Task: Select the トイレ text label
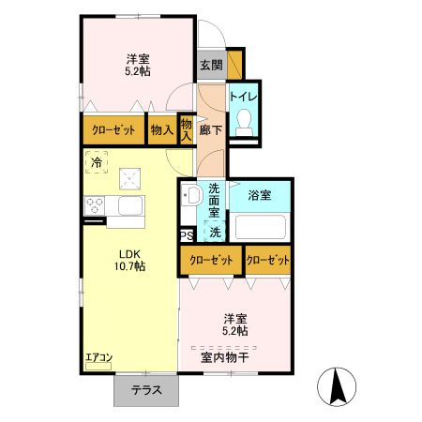pyautogui.click(x=248, y=97)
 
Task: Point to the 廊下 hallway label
pyautogui.click(x=211, y=131)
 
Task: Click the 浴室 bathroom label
pyautogui.click(x=260, y=195)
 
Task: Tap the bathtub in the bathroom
pyautogui.click(x=260, y=228)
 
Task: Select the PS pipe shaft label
pyautogui.click(x=187, y=235)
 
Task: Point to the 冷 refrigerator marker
pyautogui.click(x=97, y=163)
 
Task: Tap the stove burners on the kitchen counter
pyautogui.click(x=97, y=205)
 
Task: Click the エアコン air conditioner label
pyautogui.click(x=98, y=357)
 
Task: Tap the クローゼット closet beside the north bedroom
pyautogui.click(x=113, y=130)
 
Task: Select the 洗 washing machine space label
pyautogui.click(x=215, y=232)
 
